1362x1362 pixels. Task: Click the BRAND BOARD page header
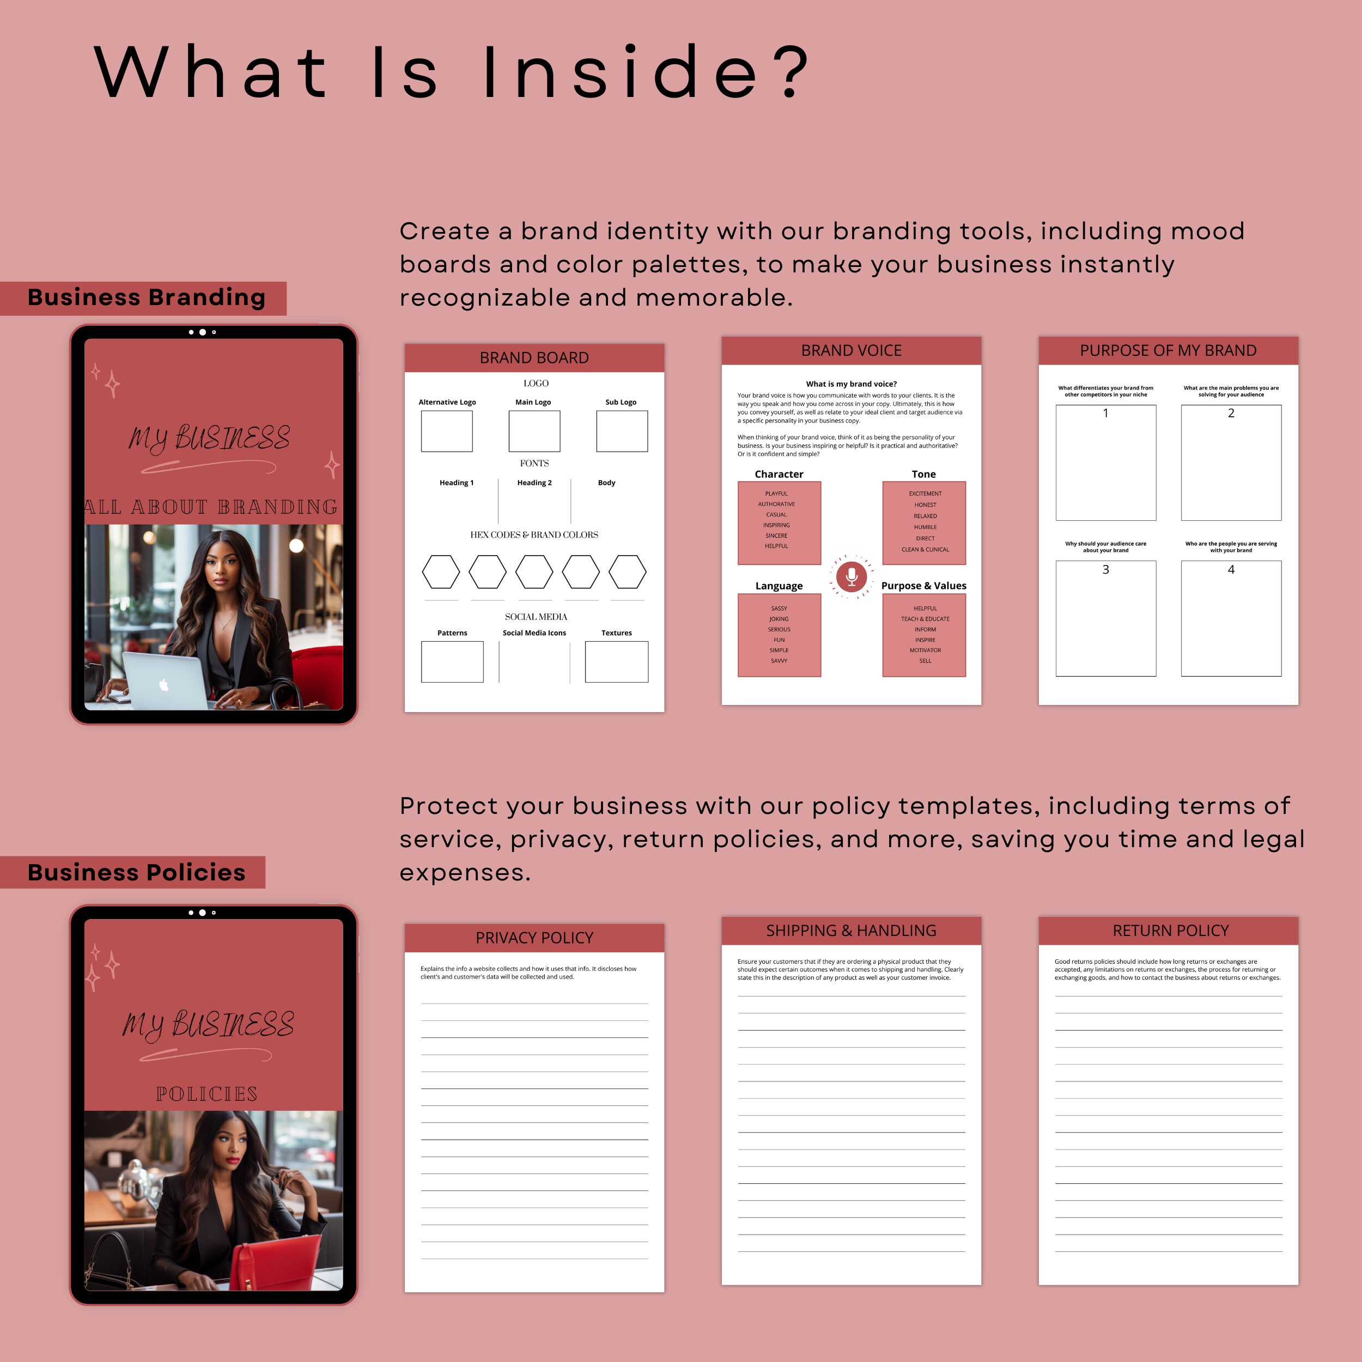click(534, 357)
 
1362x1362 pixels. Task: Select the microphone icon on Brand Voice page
click(851, 576)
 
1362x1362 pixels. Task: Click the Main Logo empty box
click(534, 431)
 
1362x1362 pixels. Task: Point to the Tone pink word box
click(923, 522)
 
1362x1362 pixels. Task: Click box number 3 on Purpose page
click(1105, 618)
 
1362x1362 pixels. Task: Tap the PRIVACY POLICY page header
click(534, 938)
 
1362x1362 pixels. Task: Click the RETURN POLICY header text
click(1170, 931)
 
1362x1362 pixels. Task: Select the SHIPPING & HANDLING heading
click(851, 931)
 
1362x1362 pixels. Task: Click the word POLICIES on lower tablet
click(206, 1093)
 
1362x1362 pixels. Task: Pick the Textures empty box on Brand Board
click(616, 661)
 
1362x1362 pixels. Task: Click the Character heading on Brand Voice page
click(779, 474)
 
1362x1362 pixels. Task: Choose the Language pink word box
click(779, 635)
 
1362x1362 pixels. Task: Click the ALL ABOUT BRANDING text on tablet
click(211, 507)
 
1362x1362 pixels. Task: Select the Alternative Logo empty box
click(446, 431)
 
